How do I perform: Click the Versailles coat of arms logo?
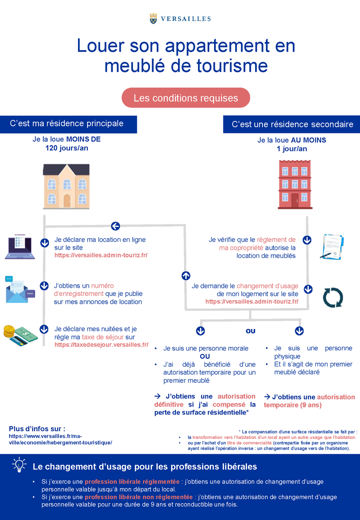coord(153,18)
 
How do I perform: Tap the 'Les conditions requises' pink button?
coord(186,98)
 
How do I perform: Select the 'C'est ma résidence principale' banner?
coord(68,124)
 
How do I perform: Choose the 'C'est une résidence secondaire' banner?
coord(292,124)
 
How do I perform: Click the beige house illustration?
coord(66,186)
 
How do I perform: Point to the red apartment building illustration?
coord(295,184)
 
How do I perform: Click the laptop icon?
coord(20,248)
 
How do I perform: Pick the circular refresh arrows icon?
coord(333,297)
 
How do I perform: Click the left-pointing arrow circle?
coord(115,226)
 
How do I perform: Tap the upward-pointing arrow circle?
coord(186,276)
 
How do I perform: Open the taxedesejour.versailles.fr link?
coord(101,345)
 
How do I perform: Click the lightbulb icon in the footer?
coord(19,464)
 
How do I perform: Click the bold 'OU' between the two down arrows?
coord(250,331)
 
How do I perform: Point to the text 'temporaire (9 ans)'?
coord(292,405)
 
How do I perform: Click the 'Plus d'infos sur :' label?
coord(37,429)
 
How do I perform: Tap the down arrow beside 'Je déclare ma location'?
coord(44,243)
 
